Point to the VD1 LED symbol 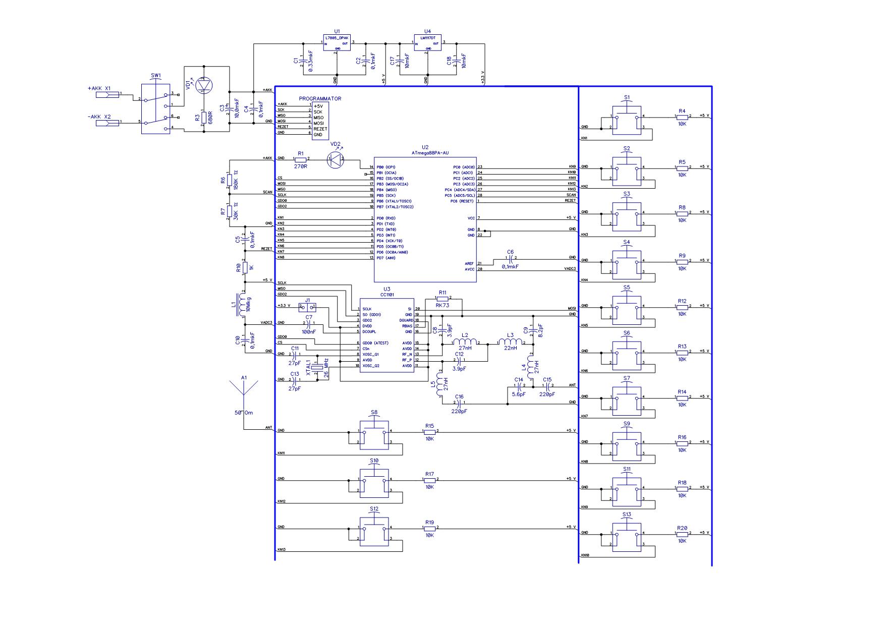pos(204,85)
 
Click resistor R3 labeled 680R pos(204,119)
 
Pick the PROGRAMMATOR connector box pos(320,121)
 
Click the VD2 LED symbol pos(336,160)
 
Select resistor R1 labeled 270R pos(301,159)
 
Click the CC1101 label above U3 pos(387,295)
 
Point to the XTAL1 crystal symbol pos(316,368)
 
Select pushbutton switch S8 pos(374,434)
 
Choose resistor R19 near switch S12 pos(429,528)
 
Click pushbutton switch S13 pos(627,536)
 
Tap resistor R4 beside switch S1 pos(682,117)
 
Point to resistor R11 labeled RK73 pos(443,299)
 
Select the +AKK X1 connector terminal pos(113,94)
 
